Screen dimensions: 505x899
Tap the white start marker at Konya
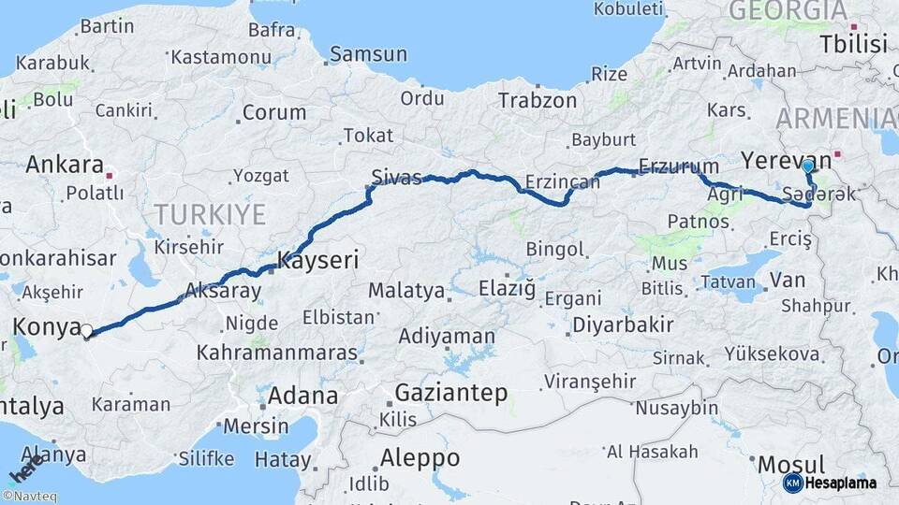tap(86, 330)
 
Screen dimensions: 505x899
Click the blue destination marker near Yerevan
tap(808, 166)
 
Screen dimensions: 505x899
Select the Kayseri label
tap(318, 261)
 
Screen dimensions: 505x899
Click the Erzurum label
tap(672, 167)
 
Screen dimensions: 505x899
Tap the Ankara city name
tap(65, 165)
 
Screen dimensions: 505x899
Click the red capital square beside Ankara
tap(110, 175)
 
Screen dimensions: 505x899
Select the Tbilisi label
tap(852, 43)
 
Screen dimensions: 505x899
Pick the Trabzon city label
tap(538, 100)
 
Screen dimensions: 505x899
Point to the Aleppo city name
tap(420, 458)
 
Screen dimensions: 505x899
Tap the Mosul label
tap(791, 465)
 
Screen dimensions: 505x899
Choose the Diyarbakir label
tap(623, 325)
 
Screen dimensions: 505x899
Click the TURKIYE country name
tap(210, 215)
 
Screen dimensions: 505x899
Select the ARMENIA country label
tap(835, 118)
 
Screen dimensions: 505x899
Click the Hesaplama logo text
tap(840, 483)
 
